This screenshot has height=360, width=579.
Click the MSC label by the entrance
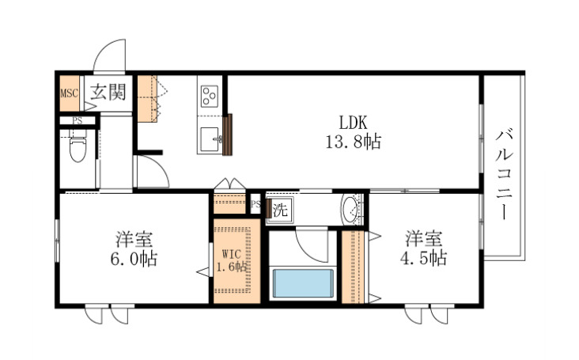point(69,92)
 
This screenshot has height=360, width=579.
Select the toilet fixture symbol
point(78,147)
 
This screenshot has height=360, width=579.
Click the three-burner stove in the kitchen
point(210,97)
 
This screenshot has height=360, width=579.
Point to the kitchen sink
point(211,140)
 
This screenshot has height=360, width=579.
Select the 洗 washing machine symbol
point(280,210)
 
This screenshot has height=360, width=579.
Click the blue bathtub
point(302,283)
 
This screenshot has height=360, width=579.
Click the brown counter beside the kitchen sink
point(229,135)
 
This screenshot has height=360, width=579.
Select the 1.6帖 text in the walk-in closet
point(231,267)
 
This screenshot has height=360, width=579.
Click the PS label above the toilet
point(77,121)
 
